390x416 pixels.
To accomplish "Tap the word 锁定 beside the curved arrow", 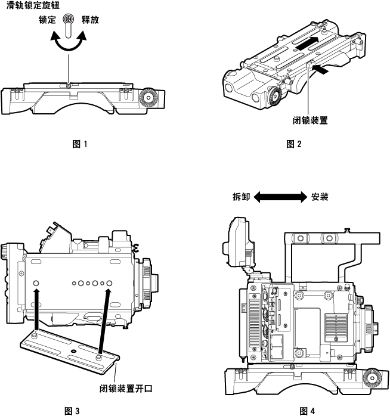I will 48,20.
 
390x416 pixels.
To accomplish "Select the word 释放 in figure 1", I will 91,20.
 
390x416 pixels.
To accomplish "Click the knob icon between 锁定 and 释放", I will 69,19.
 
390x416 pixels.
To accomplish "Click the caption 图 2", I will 294,143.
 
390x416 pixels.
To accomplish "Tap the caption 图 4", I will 307,410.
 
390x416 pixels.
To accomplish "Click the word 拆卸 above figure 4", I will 241,196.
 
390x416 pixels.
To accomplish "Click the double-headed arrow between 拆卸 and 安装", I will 280,196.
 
